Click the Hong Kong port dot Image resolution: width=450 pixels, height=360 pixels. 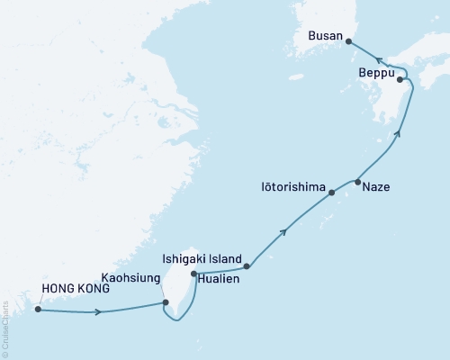(x=38, y=310)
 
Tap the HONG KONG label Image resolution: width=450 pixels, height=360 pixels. (x=76, y=290)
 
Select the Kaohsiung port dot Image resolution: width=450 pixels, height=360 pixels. (x=165, y=303)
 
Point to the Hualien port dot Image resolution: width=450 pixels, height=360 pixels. (x=193, y=274)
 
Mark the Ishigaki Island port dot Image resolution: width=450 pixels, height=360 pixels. (x=247, y=265)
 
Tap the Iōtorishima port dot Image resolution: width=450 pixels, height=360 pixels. (x=332, y=193)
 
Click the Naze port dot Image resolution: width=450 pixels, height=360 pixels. (x=358, y=183)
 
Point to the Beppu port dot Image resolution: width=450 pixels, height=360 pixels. (x=400, y=79)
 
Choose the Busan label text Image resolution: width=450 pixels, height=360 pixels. (x=325, y=36)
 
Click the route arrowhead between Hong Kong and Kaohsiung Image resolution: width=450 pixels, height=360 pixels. (x=98, y=312)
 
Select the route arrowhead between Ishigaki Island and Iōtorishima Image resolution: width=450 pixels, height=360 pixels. (x=284, y=232)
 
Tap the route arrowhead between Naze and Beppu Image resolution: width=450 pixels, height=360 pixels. (x=396, y=134)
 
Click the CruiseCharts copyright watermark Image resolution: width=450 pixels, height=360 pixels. (x=5, y=325)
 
